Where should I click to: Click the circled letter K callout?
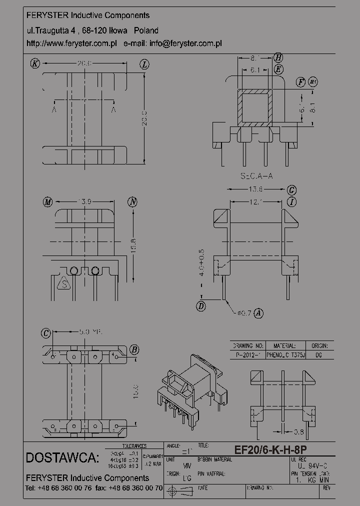34,63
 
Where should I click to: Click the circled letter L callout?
144,64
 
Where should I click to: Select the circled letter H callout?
278,57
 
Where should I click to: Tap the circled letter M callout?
47,202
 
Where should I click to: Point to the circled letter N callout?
132,202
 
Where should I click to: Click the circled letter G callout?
292,190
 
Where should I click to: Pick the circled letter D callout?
201,306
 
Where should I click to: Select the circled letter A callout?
258,313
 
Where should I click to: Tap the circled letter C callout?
46,332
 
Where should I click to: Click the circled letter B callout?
134,349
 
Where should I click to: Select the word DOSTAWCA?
62,458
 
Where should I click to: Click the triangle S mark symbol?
64,284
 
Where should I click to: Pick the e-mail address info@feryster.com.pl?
185,43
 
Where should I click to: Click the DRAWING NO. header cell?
248,345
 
